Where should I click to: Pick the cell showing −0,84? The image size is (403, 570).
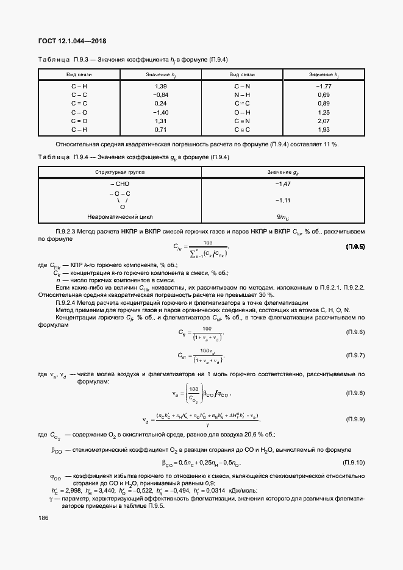161,95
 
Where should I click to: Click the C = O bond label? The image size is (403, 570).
79,121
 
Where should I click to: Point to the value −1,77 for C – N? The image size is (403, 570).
323,86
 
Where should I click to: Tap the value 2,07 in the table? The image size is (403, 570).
323,121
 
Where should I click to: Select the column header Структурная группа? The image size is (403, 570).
120,173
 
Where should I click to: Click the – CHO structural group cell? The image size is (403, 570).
120,183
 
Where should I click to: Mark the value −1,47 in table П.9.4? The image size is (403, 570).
282,183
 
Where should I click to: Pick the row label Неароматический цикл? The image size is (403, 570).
120,216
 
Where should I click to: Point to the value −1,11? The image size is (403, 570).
282,200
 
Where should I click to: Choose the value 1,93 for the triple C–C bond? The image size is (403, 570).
323,130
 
